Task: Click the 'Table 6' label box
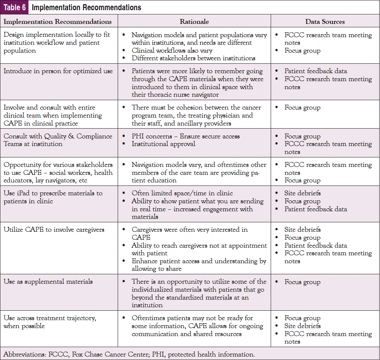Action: (x=14, y=7)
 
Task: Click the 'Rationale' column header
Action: (x=194, y=22)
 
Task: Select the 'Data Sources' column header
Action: (x=325, y=22)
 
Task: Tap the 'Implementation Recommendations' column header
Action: (x=58, y=22)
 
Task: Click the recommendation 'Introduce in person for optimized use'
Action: (x=58, y=71)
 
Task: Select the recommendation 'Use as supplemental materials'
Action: (x=48, y=281)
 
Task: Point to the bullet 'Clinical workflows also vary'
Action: (x=172, y=50)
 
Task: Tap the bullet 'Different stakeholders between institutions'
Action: (x=193, y=58)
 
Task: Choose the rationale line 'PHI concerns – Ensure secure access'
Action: (x=186, y=136)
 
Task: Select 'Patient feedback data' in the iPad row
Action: (x=316, y=209)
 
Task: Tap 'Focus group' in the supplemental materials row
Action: (x=302, y=282)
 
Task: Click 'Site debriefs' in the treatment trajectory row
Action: (x=302, y=326)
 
